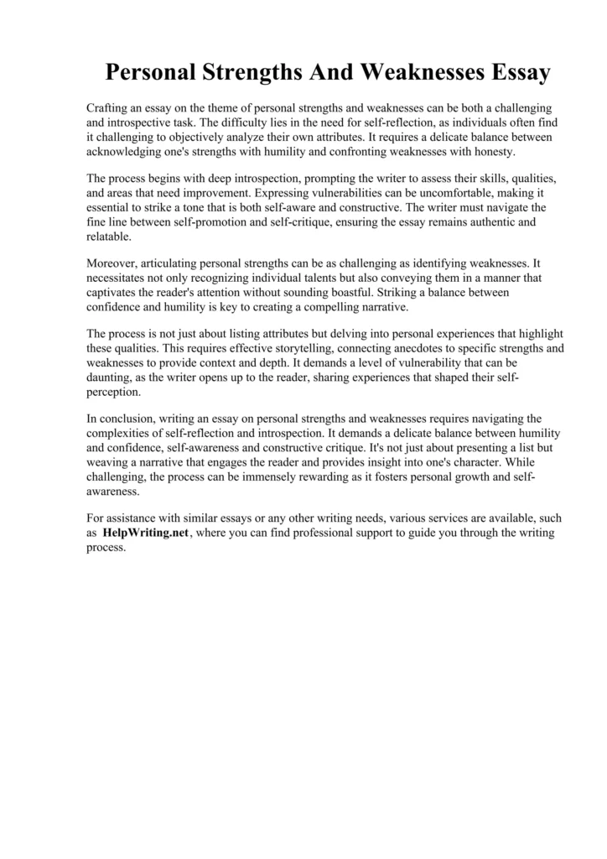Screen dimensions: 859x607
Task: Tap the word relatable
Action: (x=108, y=237)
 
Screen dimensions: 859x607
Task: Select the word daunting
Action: (x=109, y=377)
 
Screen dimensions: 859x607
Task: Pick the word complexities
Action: (x=122, y=433)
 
